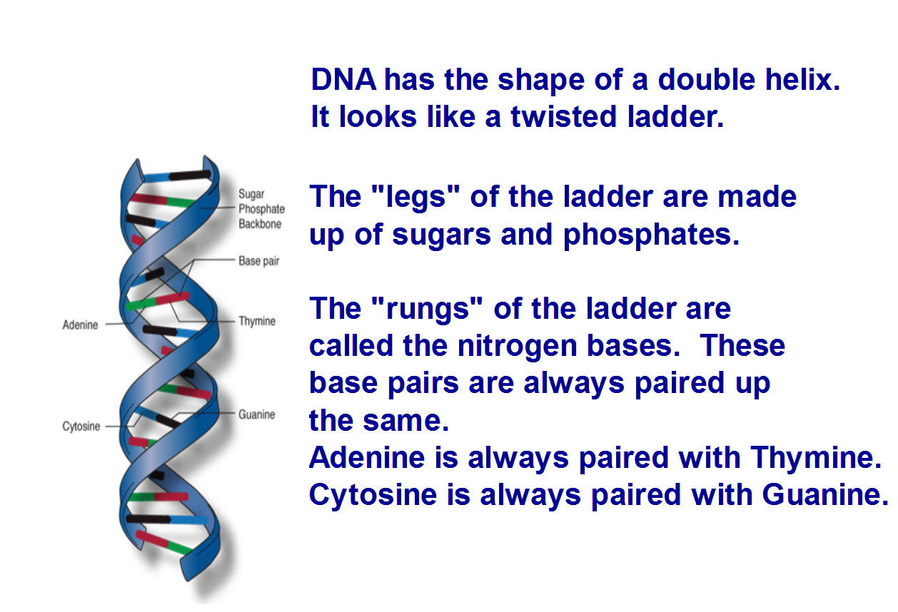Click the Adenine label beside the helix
pyautogui.click(x=80, y=325)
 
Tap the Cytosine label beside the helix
pyautogui.click(x=81, y=426)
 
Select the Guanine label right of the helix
pyautogui.click(x=256, y=414)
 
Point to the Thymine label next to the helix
pyautogui.click(x=257, y=321)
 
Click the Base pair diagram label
pyautogui.click(x=258, y=261)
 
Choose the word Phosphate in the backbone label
pyautogui.click(x=261, y=209)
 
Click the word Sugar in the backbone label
pyautogui.click(x=251, y=194)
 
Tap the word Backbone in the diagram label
pyautogui.click(x=260, y=223)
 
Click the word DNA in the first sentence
pyautogui.click(x=343, y=80)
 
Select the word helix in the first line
pyautogui.click(x=802, y=80)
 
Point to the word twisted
pyautogui.click(x=563, y=116)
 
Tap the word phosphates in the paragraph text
pyautogui.click(x=651, y=235)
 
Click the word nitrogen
pyautogui.click(x=517, y=346)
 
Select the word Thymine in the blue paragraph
pyautogui.click(x=815, y=458)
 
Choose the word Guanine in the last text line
pyautogui.click(x=825, y=494)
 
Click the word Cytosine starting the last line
pyautogui.click(x=373, y=495)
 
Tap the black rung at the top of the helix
pyautogui.click(x=190, y=175)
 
